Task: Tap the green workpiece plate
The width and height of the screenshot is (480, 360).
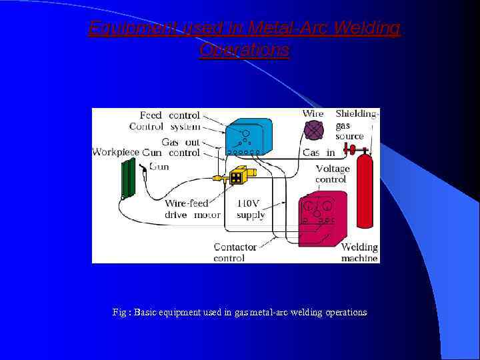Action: click(x=128, y=179)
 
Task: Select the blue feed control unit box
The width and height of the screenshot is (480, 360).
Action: click(x=248, y=136)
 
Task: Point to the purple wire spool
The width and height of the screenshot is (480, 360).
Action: click(x=313, y=131)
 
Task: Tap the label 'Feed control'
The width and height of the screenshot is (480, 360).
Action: click(x=169, y=115)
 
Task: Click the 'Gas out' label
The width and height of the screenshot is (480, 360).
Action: click(x=180, y=141)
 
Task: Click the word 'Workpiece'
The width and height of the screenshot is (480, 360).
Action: click(x=115, y=152)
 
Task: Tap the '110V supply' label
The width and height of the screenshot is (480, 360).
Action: click(x=251, y=209)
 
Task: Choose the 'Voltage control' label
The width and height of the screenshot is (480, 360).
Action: click(x=331, y=174)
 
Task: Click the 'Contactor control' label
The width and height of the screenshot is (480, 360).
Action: click(x=235, y=252)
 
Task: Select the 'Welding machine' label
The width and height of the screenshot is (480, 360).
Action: click(x=359, y=252)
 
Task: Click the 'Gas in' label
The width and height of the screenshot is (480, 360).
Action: click(x=319, y=153)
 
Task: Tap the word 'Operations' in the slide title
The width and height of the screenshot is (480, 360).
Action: click(x=244, y=50)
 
